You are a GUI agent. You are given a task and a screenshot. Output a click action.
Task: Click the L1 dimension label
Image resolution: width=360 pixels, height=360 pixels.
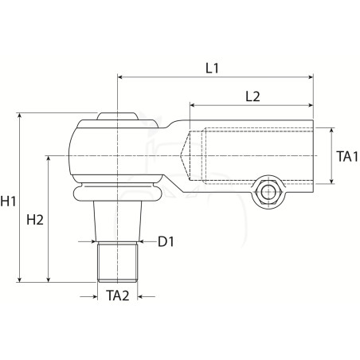click(212, 68)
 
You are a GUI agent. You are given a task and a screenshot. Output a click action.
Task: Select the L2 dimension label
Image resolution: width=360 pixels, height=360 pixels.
click(252, 96)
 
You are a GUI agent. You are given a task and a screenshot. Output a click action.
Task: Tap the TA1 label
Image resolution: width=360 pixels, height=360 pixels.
click(347, 156)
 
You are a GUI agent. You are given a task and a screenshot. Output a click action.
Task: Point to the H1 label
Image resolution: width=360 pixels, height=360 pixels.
click(8, 201)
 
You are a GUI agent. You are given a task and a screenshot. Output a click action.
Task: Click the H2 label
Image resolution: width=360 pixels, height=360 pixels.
click(35, 220)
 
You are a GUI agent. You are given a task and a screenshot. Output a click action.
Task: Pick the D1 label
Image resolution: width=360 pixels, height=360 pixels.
click(166, 241)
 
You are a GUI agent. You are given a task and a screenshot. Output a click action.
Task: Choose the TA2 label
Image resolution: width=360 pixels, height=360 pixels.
click(118, 295)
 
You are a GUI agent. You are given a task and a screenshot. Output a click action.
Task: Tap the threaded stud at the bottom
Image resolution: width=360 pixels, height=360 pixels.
click(117, 262)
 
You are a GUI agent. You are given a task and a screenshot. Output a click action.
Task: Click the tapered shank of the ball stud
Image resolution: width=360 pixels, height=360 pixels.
click(117, 221)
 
